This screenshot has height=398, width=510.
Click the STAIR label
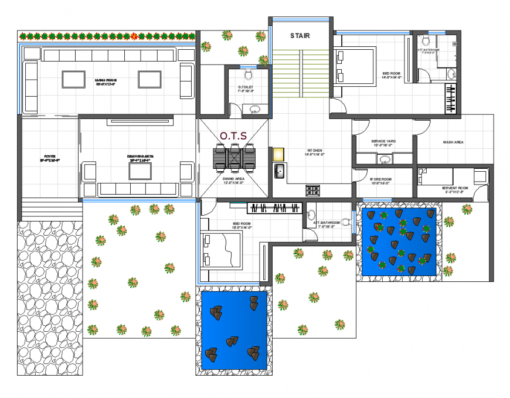pos(300,36)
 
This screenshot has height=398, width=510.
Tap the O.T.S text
pos(233,136)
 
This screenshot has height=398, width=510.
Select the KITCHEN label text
pos(314,152)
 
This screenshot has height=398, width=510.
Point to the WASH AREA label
pos(453,142)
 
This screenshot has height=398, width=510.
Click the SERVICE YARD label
pos(383,142)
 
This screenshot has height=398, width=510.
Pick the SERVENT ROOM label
pos(453,189)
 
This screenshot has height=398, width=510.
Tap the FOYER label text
pos(50,158)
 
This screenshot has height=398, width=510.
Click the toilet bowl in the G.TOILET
pos(249,75)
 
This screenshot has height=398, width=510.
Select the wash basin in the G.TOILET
pos(255,109)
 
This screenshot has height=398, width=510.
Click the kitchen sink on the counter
pos(280,171)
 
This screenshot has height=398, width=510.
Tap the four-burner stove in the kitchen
pos(313,190)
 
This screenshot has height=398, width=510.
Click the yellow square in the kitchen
pos(279,154)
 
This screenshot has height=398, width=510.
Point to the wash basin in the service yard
pos(385,159)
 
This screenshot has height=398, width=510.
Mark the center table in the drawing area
pos(140,171)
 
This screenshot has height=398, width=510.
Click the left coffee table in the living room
pos(73,79)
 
